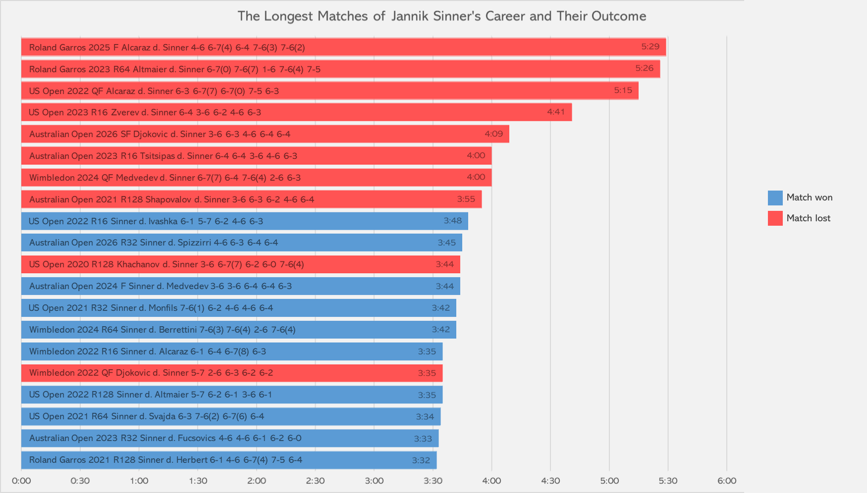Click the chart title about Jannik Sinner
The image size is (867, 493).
(x=441, y=16)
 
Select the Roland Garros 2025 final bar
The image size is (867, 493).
(x=343, y=47)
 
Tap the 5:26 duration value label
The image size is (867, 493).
(x=644, y=68)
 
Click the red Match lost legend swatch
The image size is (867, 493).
(x=775, y=218)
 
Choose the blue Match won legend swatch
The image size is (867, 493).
(x=775, y=197)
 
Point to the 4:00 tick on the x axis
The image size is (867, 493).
(x=491, y=481)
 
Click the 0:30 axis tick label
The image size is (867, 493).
(x=80, y=481)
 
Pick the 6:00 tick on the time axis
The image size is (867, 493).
(x=726, y=481)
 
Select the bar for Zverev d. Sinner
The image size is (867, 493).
(x=296, y=112)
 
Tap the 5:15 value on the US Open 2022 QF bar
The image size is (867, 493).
(x=623, y=90)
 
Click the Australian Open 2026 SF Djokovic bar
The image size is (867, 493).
(x=265, y=134)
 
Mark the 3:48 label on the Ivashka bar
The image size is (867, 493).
(x=452, y=221)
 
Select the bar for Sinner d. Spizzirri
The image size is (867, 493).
(x=242, y=243)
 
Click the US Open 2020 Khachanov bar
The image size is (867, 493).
(x=241, y=264)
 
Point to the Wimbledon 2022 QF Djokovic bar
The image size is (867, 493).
(x=232, y=373)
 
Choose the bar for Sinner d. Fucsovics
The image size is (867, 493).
(x=230, y=438)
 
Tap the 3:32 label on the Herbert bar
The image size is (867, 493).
(x=421, y=460)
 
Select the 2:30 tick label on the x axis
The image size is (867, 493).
(x=315, y=481)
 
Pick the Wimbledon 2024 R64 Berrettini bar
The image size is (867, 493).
(x=239, y=330)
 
